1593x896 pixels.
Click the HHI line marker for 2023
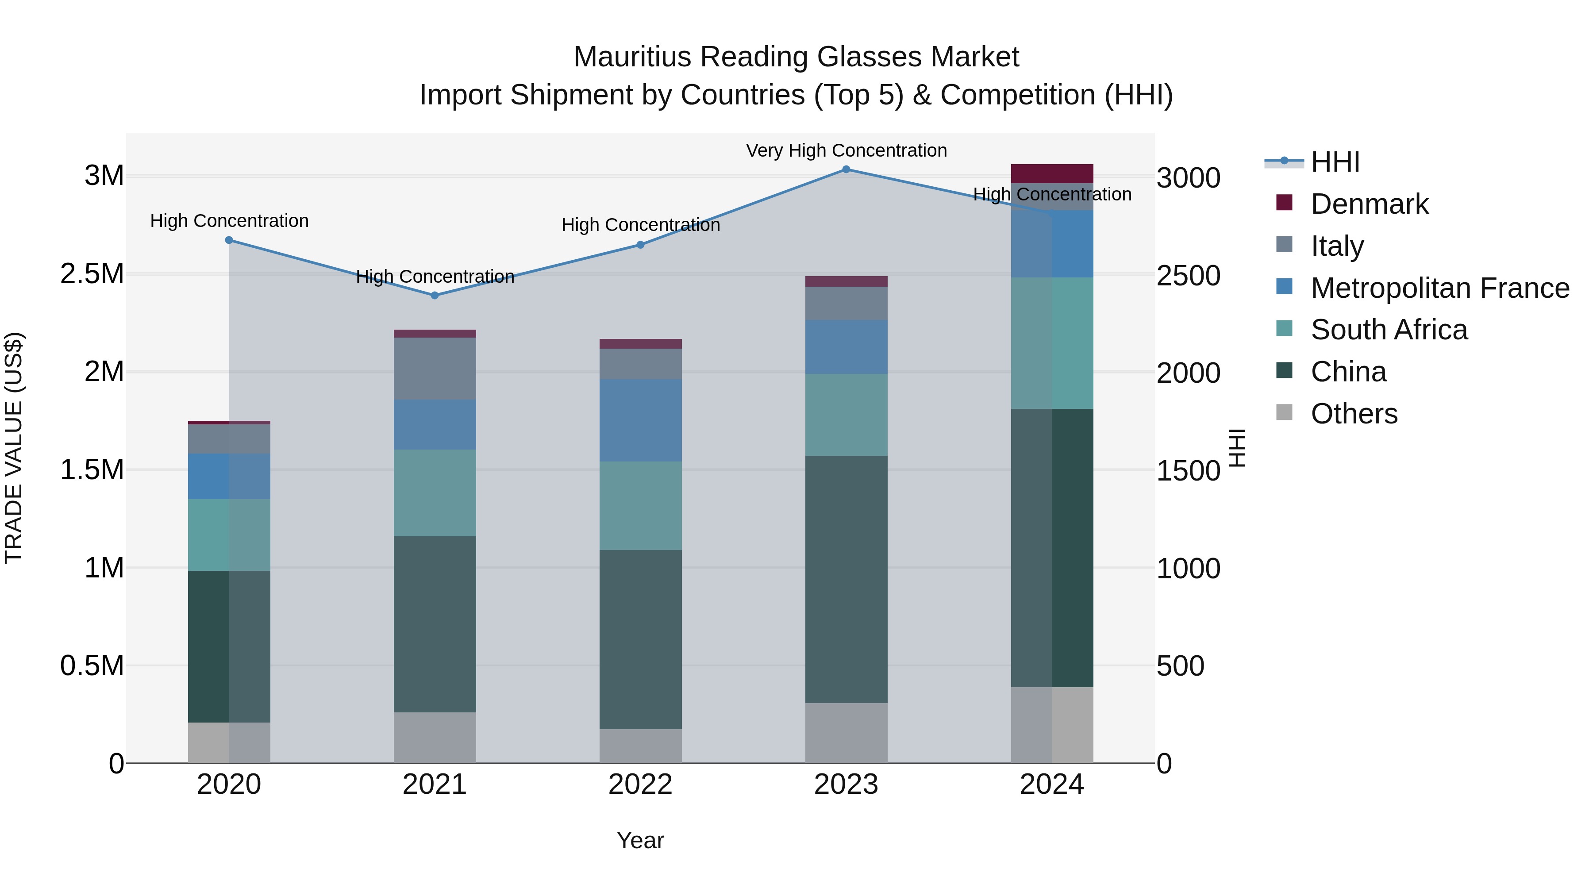tap(846, 169)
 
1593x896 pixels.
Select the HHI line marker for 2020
tap(229, 240)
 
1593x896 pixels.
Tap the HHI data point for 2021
tap(435, 296)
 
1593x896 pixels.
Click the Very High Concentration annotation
tap(846, 150)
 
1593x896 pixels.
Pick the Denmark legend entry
tap(1369, 204)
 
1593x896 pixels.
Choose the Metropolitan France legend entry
tap(1439, 288)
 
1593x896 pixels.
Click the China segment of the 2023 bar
tap(846, 579)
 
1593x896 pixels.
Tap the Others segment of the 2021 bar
tap(435, 737)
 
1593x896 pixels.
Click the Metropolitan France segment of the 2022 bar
tap(641, 420)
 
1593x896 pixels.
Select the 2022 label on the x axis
tap(641, 784)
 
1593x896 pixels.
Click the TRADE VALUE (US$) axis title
tap(14, 448)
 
